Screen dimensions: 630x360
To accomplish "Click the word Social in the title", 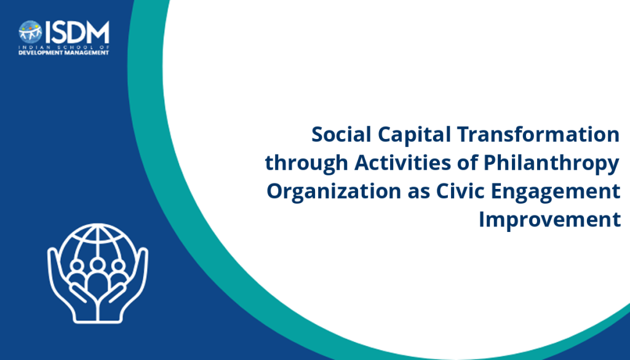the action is [341, 134].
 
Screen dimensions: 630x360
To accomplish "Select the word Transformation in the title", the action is [538, 134].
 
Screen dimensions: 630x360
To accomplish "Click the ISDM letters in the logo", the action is [77, 32].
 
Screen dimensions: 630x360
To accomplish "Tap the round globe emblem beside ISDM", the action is [30, 32].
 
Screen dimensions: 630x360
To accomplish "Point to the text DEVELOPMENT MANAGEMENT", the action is [64, 53].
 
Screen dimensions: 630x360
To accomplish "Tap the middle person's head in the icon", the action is [97, 265].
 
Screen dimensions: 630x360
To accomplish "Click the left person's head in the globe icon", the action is [76, 266].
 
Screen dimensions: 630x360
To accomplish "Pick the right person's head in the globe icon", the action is [118, 266].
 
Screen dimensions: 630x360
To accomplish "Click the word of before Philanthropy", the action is [468, 162].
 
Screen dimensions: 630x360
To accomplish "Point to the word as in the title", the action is [418, 193].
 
